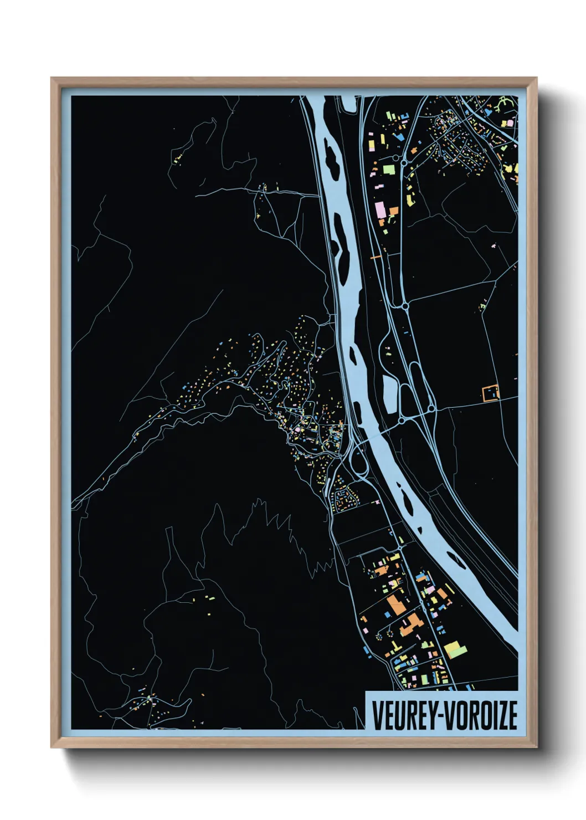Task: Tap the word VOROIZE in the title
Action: pos(482,715)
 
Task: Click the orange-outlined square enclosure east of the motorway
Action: pos(491,393)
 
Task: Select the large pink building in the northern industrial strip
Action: pos(380,210)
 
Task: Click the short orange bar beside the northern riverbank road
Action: pos(376,257)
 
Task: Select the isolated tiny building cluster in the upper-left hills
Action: pos(178,160)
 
